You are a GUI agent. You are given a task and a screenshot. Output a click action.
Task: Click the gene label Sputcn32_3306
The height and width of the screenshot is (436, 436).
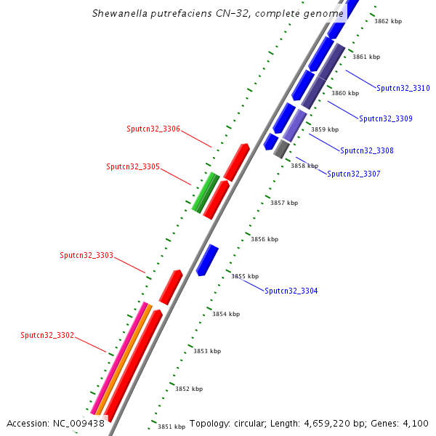153,129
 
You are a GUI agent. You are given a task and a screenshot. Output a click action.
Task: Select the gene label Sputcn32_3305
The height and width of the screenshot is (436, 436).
132,166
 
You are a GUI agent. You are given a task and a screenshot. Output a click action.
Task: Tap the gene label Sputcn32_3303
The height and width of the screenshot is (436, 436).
86,255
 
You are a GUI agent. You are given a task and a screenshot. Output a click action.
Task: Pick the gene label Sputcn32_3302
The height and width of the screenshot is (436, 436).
47,335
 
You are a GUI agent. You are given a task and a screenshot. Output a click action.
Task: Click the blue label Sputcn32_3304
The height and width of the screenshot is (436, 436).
291,291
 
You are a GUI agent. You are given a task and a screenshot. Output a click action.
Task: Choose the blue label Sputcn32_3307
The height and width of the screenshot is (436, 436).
353,174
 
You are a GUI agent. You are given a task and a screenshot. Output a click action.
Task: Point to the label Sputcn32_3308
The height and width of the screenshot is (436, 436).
366,150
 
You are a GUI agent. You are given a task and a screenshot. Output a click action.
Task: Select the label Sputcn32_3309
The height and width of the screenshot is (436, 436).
385,118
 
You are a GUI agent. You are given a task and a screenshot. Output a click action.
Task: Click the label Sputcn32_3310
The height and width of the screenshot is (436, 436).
403,88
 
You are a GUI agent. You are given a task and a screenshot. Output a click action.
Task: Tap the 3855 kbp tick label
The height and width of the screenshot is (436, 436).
245,276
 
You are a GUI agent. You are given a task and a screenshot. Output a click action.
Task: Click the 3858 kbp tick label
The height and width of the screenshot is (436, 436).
304,166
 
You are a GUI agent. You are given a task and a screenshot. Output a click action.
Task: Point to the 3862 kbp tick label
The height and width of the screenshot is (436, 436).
387,21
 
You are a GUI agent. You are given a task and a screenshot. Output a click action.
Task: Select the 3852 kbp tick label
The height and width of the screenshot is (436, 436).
188,389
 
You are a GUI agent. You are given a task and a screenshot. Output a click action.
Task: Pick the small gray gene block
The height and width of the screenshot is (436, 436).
281,149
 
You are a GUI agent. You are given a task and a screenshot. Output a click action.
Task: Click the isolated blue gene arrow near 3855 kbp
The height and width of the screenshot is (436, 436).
207,259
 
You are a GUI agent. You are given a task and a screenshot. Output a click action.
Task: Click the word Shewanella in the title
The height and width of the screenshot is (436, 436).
121,13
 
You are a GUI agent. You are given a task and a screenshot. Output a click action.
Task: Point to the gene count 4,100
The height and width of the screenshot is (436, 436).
415,423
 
